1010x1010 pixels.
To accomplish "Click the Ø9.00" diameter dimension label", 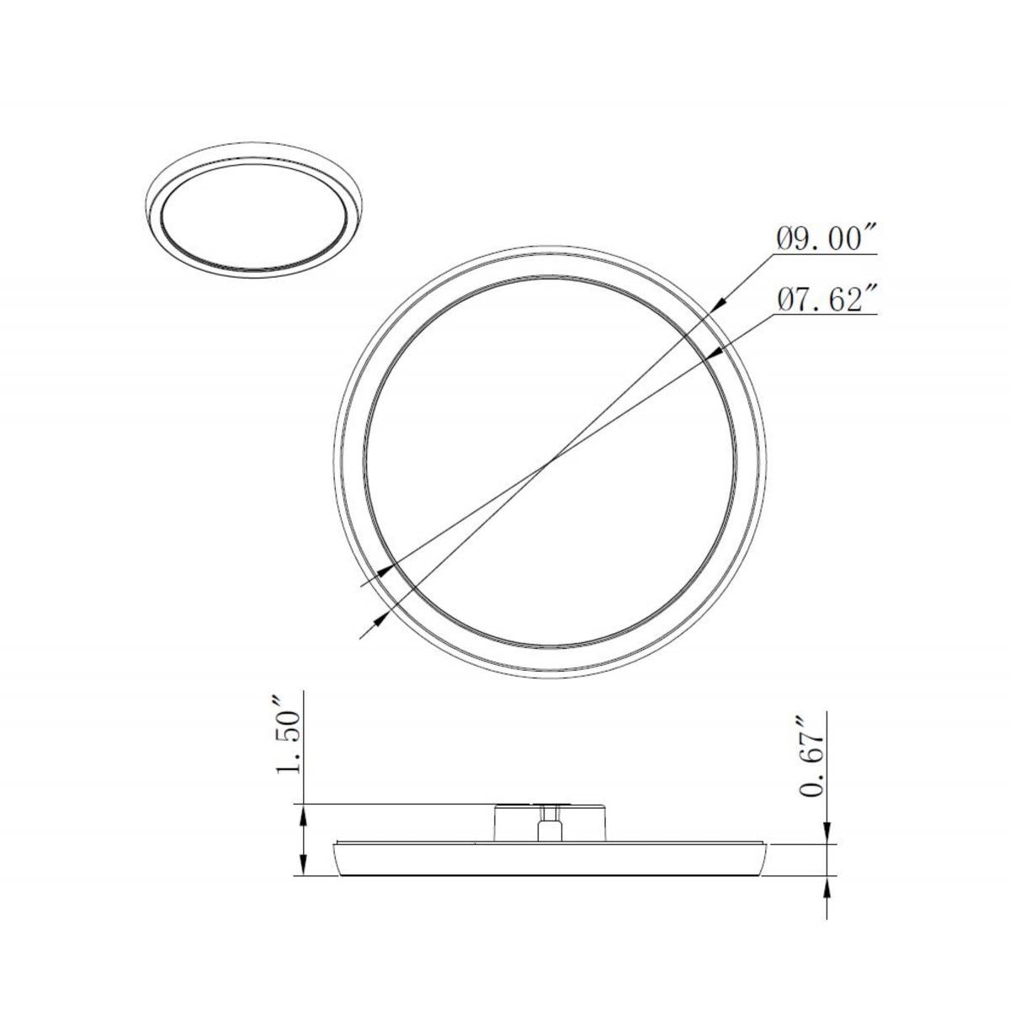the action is [x=827, y=239].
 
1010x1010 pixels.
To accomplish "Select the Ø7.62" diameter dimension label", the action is [x=827, y=300].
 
